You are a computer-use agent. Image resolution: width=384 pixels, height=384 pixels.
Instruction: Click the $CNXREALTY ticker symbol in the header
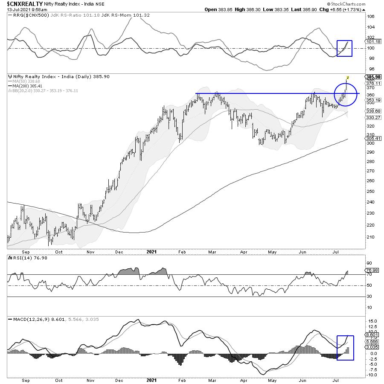[24, 3]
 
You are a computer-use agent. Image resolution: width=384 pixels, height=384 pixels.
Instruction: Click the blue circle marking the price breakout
[345, 94]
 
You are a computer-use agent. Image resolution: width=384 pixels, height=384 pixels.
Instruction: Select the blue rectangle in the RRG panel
[344, 48]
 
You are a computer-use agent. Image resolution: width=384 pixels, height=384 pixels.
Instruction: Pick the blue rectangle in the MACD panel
[345, 348]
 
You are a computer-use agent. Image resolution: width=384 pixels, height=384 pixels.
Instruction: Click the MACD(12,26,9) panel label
[27, 319]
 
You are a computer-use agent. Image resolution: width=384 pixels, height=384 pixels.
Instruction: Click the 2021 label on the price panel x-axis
[151, 252]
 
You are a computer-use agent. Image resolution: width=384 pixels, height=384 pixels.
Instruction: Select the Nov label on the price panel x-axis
[90, 252]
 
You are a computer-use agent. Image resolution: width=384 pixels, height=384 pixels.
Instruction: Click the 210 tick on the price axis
[370, 237]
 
